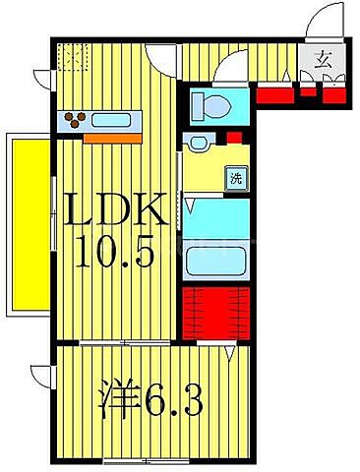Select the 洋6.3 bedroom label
[x=150, y=400]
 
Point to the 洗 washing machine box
[x=236, y=178]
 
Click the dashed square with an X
[x=71, y=56]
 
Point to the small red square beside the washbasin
[x=234, y=138]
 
